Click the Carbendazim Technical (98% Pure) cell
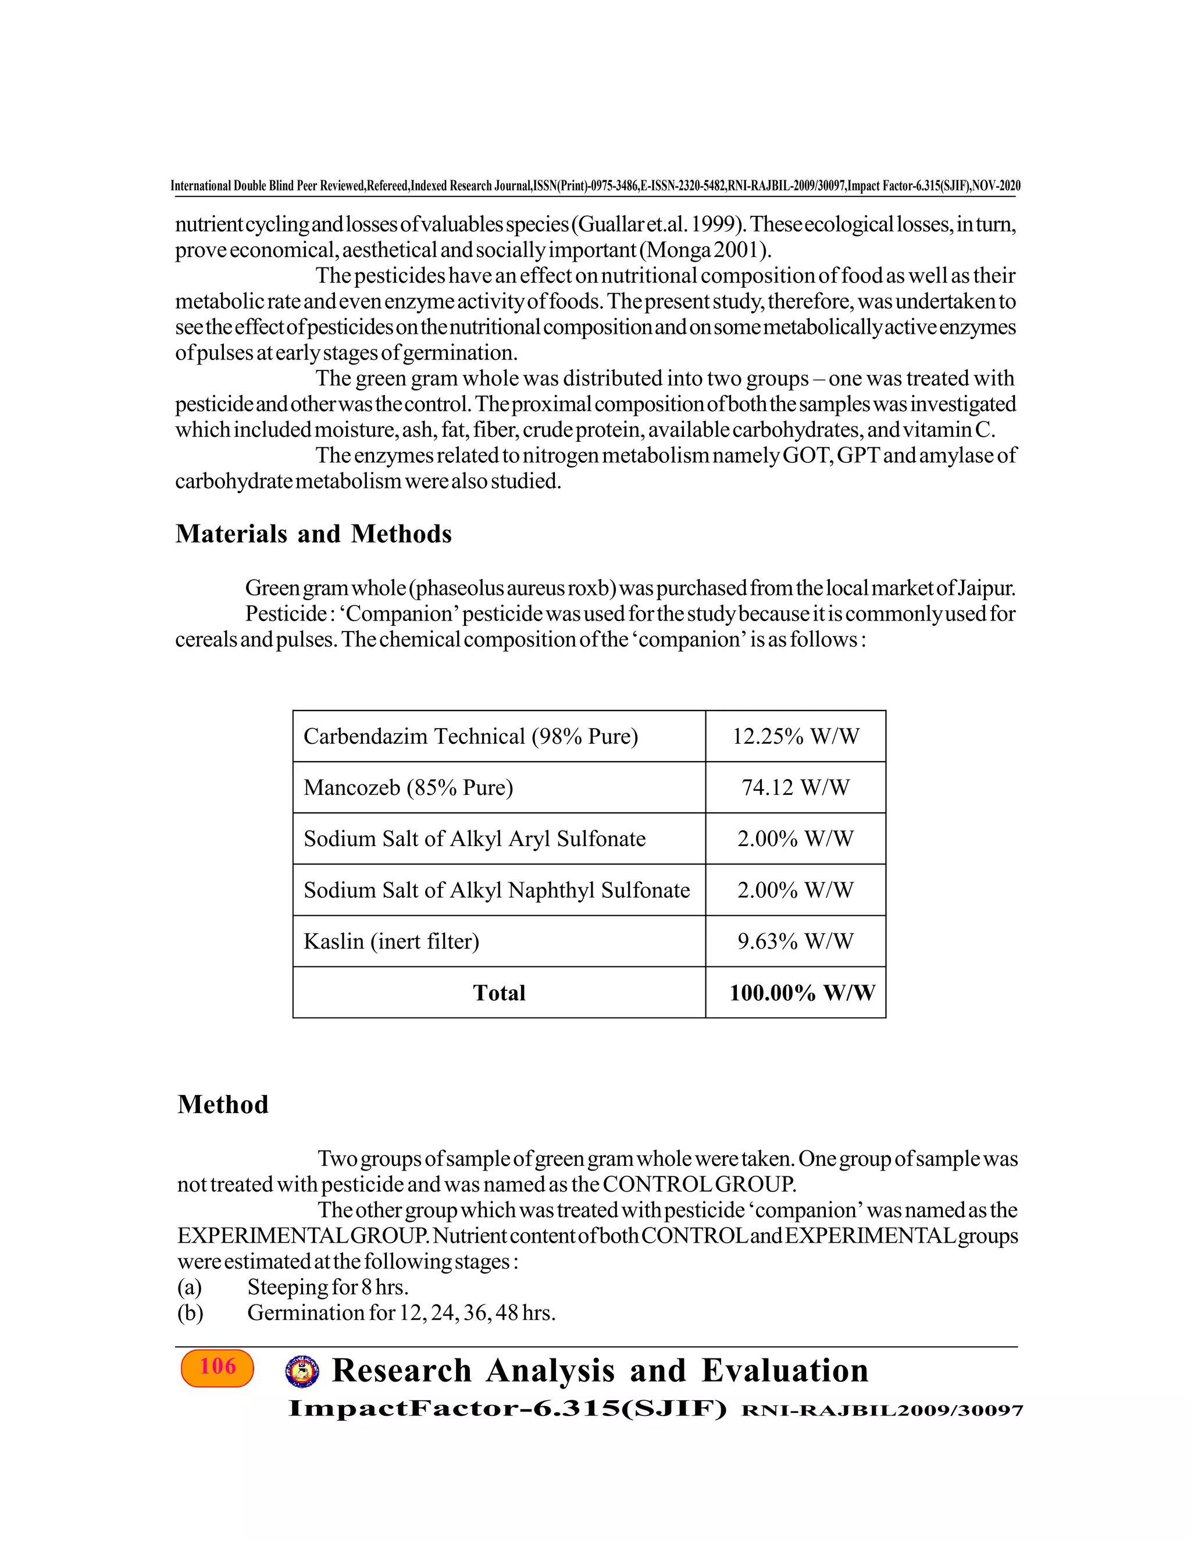point(470,737)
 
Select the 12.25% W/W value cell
point(795,737)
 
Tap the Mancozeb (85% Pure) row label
point(408,787)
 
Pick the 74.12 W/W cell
point(795,787)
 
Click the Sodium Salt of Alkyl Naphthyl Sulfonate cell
point(496,890)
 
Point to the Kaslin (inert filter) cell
point(391,941)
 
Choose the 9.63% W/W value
point(795,941)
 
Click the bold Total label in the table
point(499,993)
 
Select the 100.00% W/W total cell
point(801,993)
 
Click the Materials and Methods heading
point(313,534)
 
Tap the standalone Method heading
point(223,1104)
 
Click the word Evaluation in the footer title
point(785,1371)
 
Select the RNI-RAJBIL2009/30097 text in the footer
point(882,1411)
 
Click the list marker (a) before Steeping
point(190,1287)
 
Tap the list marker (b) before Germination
point(190,1313)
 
